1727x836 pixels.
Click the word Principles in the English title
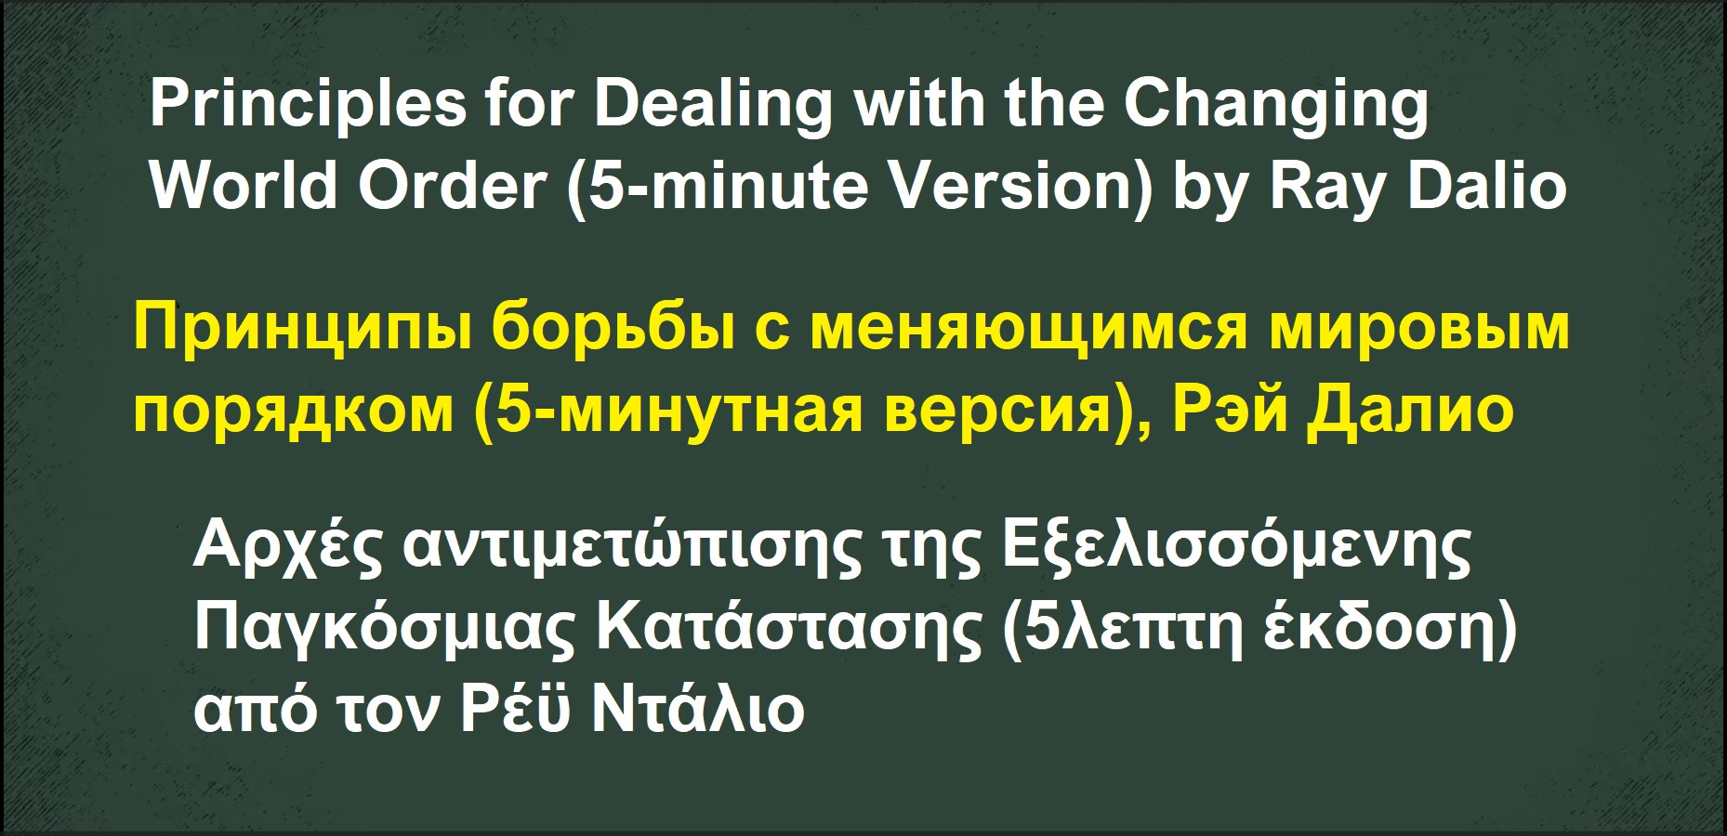(x=308, y=104)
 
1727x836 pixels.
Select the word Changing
(x=1276, y=104)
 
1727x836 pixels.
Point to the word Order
(x=453, y=186)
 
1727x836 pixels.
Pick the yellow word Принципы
(x=301, y=330)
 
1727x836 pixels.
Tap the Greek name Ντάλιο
(x=698, y=710)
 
